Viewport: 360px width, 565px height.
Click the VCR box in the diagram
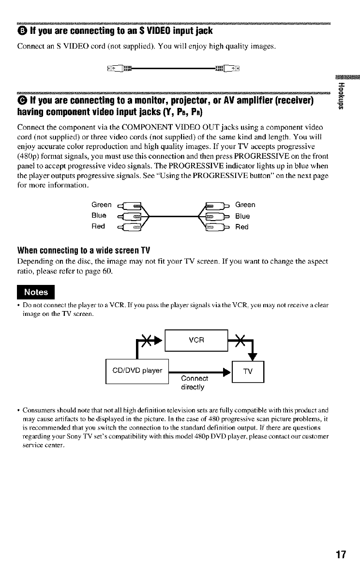pyautogui.click(x=196, y=340)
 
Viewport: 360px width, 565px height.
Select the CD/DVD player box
pyautogui.click(x=136, y=372)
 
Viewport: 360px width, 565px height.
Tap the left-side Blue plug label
pyautogui.click(x=100, y=216)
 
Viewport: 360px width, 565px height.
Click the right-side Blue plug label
pyautogui.click(x=243, y=216)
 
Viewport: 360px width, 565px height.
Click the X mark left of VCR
pyautogui.click(x=144, y=334)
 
